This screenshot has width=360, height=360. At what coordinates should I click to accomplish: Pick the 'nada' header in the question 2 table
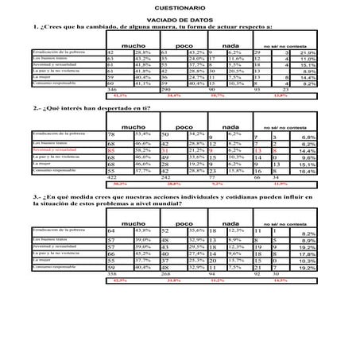point(233,126)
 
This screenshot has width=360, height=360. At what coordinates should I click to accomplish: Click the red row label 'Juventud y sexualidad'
point(59,149)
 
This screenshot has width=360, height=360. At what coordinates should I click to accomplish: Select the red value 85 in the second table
point(113,149)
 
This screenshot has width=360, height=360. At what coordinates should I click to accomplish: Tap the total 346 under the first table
point(113,90)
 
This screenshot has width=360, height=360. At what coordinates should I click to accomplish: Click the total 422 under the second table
point(113,177)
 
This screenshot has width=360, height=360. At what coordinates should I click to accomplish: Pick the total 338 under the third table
point(113,273)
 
